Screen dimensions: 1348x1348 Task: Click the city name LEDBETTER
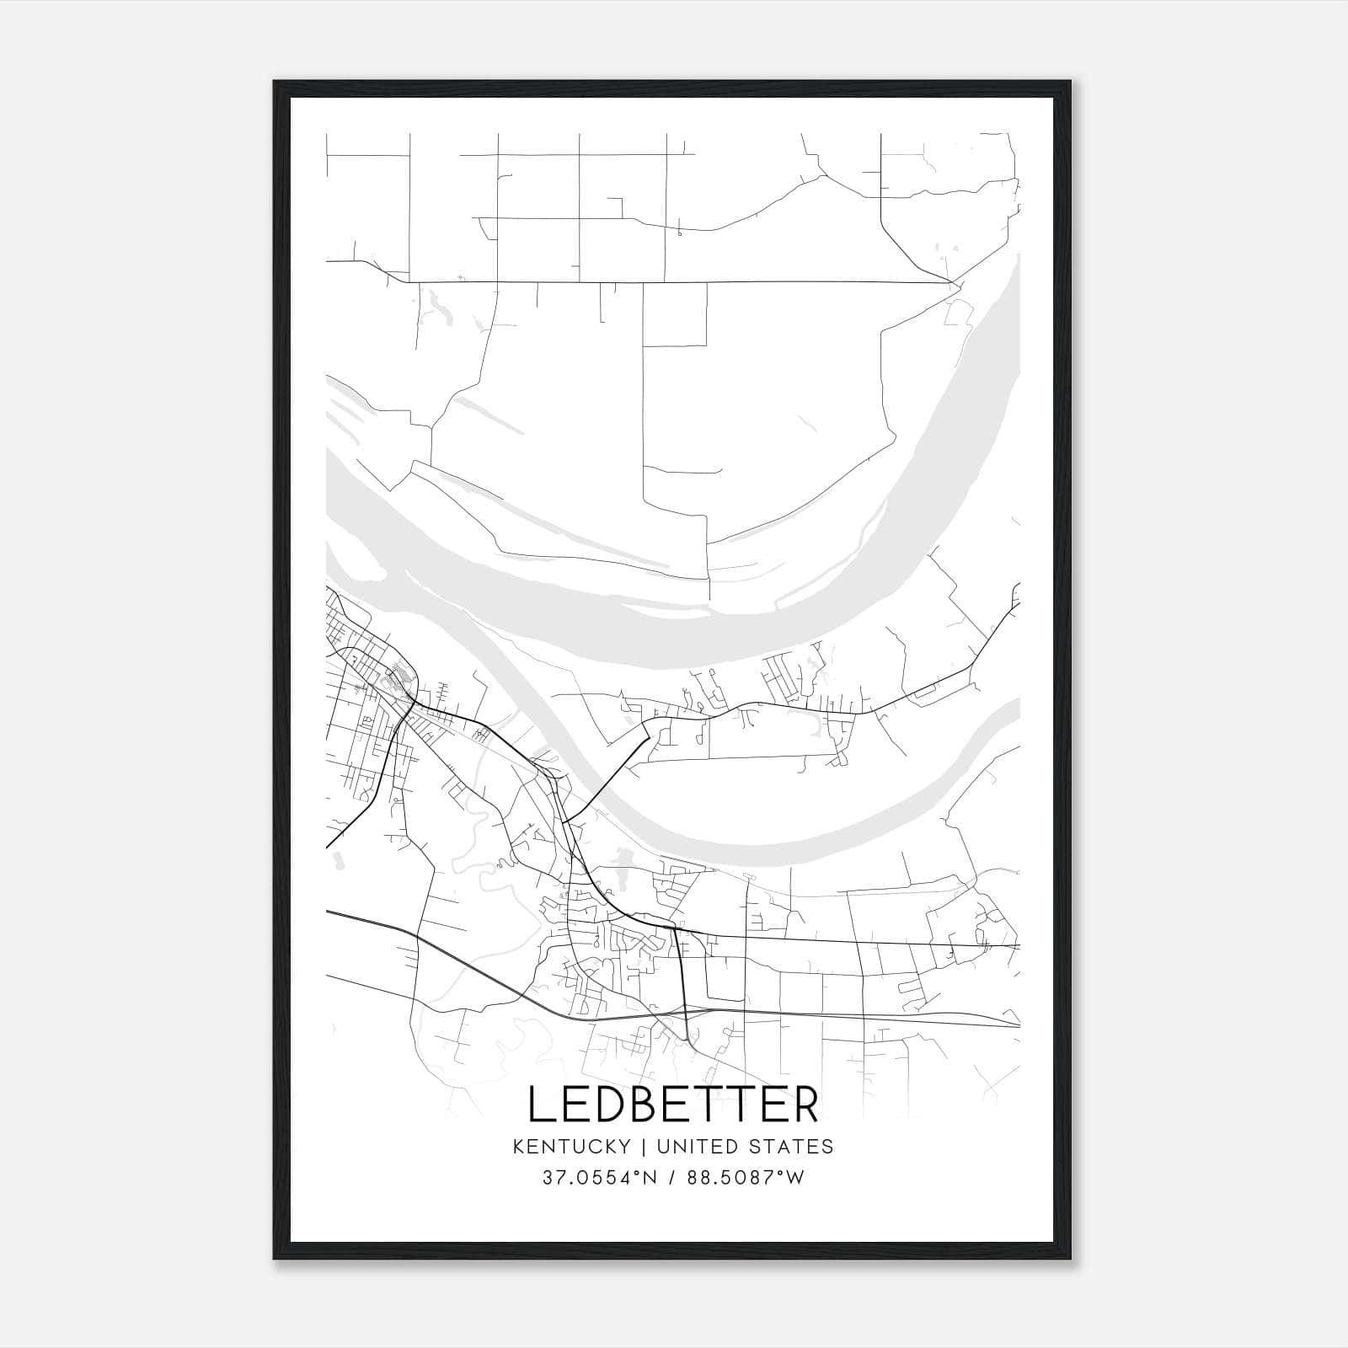[x=673, y=1105]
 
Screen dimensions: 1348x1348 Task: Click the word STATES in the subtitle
[x=791, y=1147]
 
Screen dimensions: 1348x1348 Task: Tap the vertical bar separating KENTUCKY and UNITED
[x=644, y=1147]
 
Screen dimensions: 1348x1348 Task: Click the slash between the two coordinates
[x=675, y=1178]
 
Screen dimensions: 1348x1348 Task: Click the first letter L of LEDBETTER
[x=541, y=1105]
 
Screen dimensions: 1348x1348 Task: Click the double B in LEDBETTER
[x=642, y=1105]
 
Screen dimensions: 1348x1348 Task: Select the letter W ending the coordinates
[x=794, y=1178]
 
